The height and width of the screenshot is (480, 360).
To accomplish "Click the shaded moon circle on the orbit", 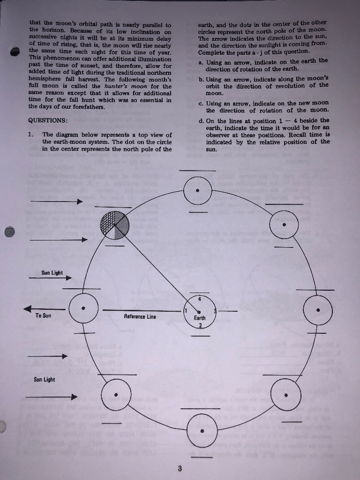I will (x=114, y=225).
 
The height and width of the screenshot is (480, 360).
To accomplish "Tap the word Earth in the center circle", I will (x=200, y=318).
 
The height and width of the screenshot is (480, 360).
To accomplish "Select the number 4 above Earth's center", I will (x=199, y=299).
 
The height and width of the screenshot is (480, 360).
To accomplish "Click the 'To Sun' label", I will (x=43, y=316).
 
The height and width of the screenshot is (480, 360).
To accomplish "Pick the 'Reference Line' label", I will (x=140, y=317).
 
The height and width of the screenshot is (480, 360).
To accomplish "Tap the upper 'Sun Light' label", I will (x=52, y=273).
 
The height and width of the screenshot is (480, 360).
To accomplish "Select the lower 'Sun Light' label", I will (x=44, y=380).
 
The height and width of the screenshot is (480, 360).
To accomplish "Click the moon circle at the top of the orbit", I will (x=198, y=191).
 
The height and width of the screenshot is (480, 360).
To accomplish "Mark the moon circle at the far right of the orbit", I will (x=318, y=310).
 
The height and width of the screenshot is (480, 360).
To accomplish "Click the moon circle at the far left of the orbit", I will (x=83, y=308).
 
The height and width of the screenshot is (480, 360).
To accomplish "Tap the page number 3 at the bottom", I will (x=180, y=468).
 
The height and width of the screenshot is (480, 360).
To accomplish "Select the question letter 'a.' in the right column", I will (x=201, y=62).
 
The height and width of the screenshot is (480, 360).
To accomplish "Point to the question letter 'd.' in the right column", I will (x=201, y=120).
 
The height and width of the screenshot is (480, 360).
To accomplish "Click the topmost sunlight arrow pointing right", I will (x=56, y=202).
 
